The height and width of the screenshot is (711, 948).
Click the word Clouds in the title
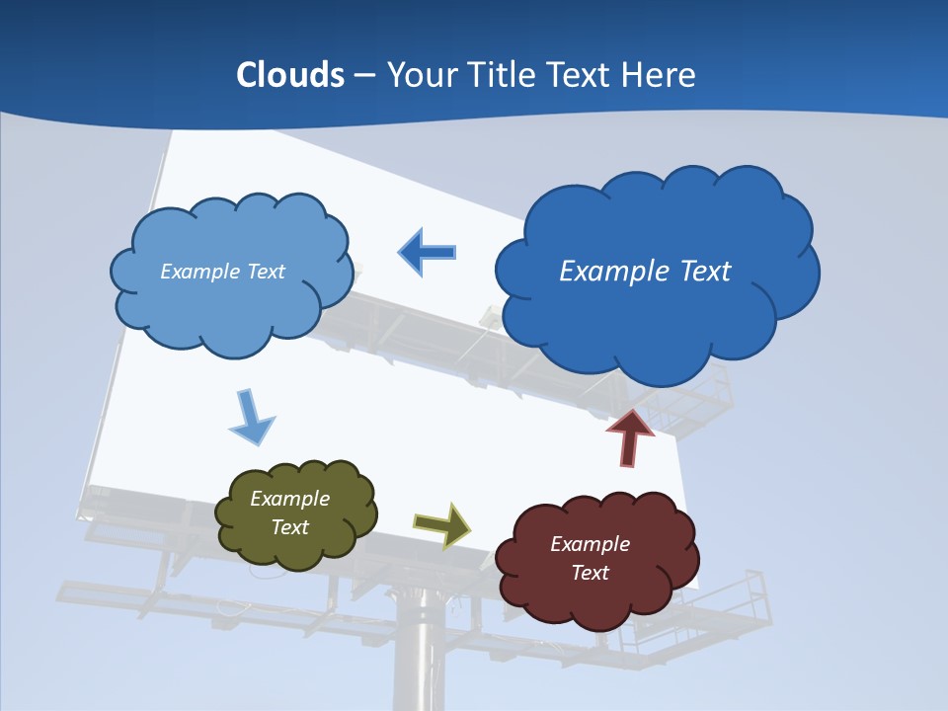[290, 75]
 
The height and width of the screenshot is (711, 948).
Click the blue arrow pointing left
[427, 252]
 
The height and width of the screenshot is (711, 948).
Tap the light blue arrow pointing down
[250, 418]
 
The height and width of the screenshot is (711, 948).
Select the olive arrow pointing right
[442, 524]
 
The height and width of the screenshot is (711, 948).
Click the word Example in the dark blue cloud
[609, 272]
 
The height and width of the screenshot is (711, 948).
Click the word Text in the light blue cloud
[265, 272]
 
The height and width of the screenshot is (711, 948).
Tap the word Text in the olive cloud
[290, 527]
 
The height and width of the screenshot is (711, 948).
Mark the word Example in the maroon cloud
[590, 544]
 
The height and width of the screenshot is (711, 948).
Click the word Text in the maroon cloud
[590, 573]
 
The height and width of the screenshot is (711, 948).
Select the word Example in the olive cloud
[290, 499]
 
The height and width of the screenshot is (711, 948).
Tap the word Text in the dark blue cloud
[702, 272]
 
